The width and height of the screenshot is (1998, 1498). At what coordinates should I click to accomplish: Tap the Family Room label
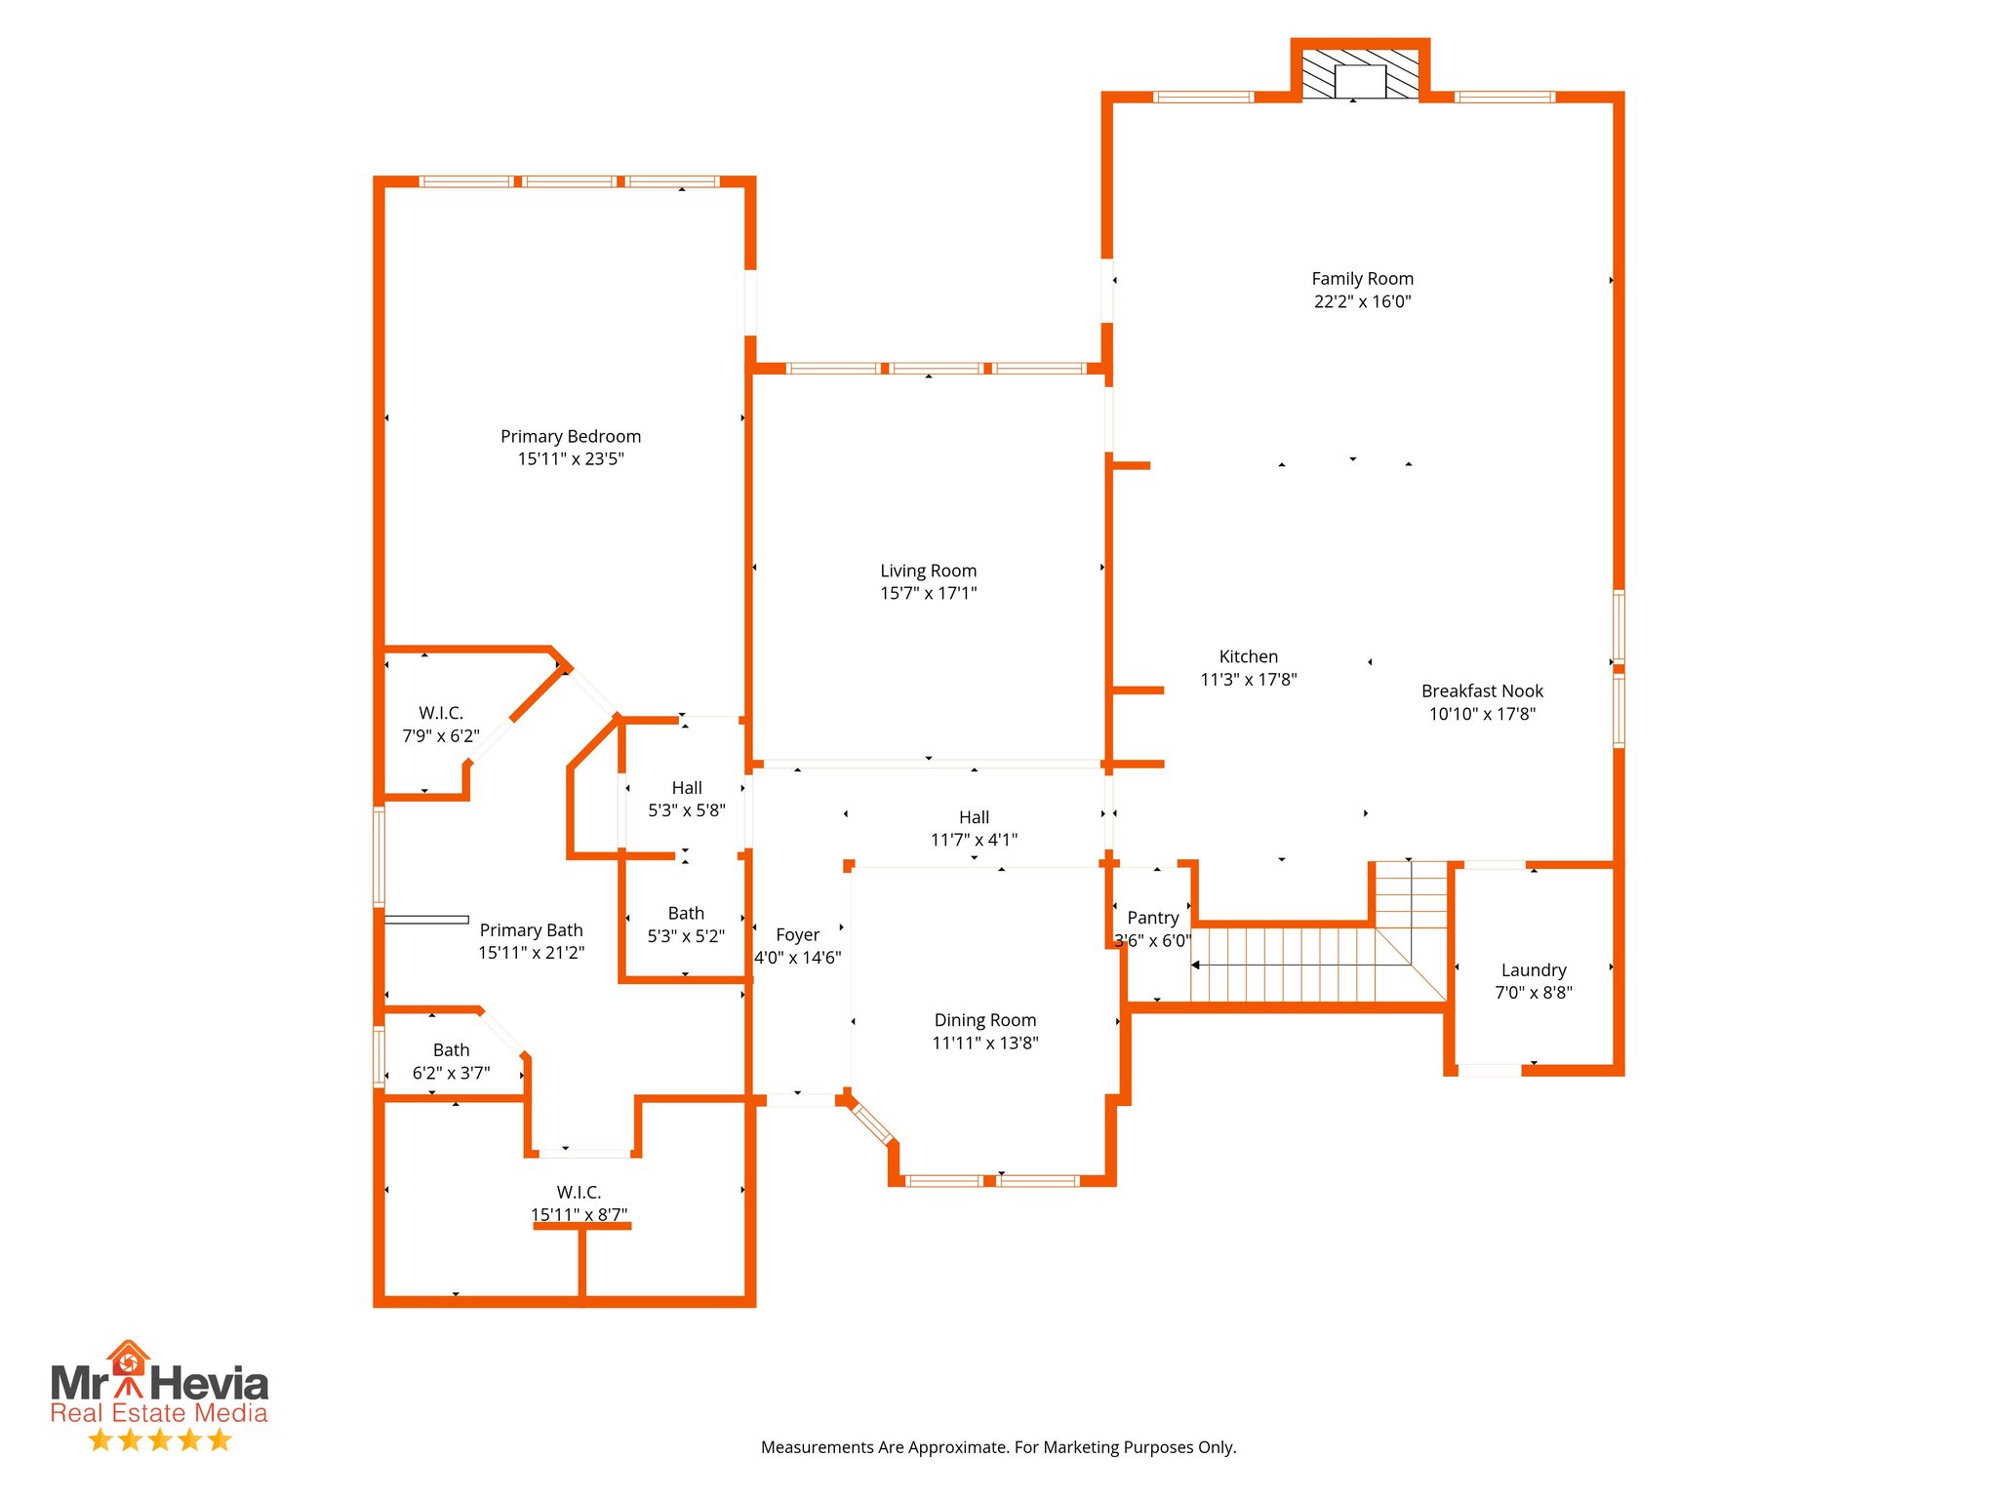click(x=1362, y=279)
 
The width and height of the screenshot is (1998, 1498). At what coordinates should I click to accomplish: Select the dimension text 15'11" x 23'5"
click(x=571, y=459)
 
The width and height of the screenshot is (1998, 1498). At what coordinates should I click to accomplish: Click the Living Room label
click(x=928, y=571)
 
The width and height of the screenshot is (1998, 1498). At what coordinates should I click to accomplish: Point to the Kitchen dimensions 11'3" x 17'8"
click(x=1248, y=680)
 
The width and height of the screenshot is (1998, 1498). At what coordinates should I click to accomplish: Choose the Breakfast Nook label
click(x=1482, y=691)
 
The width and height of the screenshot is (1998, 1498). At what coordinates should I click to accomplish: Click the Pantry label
click(x=1152, y=918)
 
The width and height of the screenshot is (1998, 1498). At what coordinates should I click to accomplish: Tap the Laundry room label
click(x=1533, y=970)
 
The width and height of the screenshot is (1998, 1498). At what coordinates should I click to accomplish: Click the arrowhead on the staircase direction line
click(x=1196, y=966)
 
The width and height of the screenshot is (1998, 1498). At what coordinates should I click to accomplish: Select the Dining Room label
click(x=984, y=1020)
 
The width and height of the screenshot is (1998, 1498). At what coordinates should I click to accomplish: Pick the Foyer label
click(x=797, y=934)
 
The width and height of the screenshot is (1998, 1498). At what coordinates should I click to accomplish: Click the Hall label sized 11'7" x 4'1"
click(x=974, y=817)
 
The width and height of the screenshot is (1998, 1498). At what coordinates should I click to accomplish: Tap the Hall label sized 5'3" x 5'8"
click(x=687, y=788)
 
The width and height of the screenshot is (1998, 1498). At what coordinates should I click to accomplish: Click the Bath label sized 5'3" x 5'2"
click(x=686, y=914)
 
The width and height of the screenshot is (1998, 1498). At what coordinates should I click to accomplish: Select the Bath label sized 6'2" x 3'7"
click(x=451, y=1050)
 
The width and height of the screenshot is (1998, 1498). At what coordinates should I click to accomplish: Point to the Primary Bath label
click(x=531, y=930)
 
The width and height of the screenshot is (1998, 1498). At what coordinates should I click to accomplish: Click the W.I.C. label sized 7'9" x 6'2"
click(x=441, y=713)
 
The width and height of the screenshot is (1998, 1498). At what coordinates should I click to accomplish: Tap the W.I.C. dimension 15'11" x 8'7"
click(x=579, y=1214)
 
